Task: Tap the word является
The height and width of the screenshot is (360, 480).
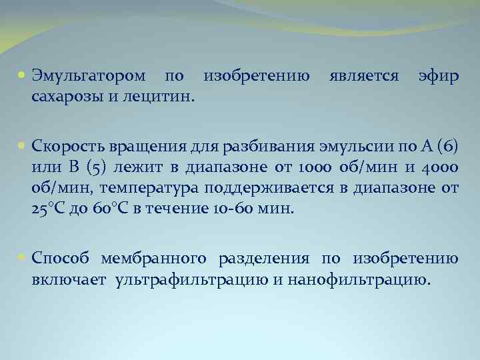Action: point(363,77)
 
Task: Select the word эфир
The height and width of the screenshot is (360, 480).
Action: point(438,77)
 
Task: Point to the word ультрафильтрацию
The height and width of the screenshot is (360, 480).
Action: point(191,278)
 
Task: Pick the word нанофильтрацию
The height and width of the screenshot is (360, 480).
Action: point(360,278)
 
